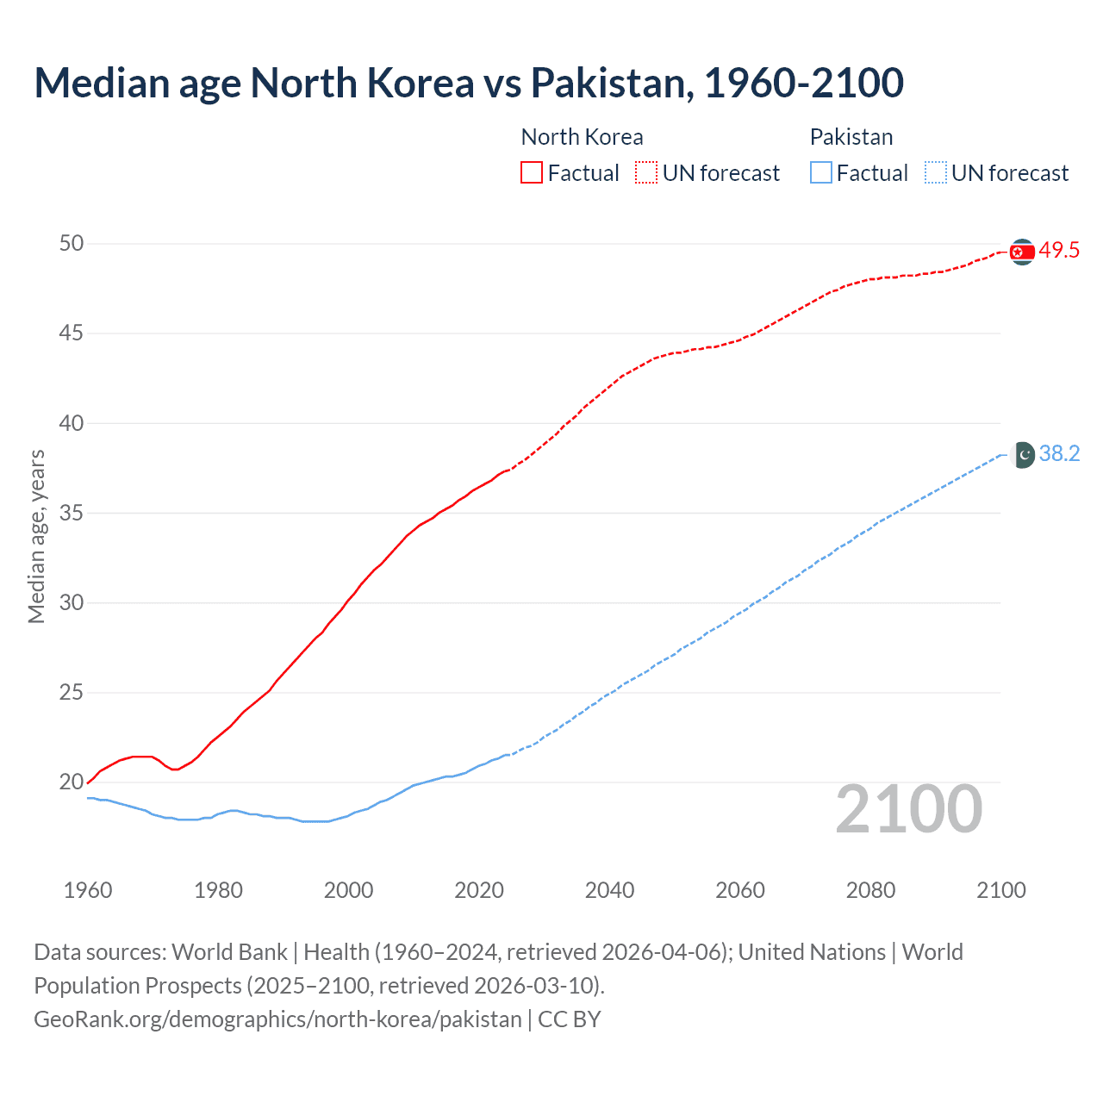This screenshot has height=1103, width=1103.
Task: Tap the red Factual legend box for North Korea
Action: tap(532, 173)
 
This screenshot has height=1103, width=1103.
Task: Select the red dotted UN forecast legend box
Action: tap(646, 173)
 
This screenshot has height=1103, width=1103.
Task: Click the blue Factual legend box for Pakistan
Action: tap(821, 173)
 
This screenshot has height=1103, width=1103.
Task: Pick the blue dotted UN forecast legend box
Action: tap(935, 173)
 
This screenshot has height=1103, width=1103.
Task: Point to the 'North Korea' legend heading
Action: tap(582, 137)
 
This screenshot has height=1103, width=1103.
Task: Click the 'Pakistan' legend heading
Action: tap(851, 137)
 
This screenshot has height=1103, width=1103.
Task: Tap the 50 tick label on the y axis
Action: tap(72, 244)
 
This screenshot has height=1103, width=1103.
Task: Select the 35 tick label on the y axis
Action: tap(72, 514)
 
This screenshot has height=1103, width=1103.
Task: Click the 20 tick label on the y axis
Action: tap(72, 782)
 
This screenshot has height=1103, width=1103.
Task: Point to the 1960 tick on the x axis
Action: tap(88, 890)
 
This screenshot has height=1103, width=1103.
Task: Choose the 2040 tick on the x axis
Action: tap(609, 890)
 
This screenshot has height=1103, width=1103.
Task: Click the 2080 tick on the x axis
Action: tap(870, 890)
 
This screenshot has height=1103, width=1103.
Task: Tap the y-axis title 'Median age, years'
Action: tap(36, 536)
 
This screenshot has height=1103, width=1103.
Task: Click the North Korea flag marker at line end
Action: tap(1022, 252)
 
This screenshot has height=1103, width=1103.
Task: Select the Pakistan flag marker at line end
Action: tap(1022, 454)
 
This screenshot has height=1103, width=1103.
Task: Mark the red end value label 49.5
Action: tap(1059, 251)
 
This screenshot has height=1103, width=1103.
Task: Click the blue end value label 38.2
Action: tap(1059, 454)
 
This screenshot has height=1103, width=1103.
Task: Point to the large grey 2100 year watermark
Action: tap(908, 809)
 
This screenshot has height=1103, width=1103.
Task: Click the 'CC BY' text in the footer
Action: tap(569, 1019)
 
